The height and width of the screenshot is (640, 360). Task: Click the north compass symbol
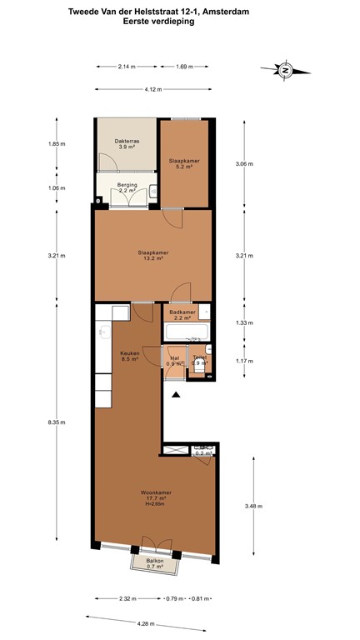pyautogui.click(x=285, y=72)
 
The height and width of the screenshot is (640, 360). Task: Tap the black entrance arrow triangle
pyautogui.click(x=175, y=396)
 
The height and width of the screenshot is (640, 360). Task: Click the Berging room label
pyautogui.click(x=127, y=187)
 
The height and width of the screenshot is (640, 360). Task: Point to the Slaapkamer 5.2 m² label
pyautogui.click(x=184, y=163)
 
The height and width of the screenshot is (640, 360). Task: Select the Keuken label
pyautogui.click(x=130, y=356)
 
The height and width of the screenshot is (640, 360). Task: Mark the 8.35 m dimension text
pyautogui.click(x=56, y=422)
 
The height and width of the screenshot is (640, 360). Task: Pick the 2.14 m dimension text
pyautogui.click(x=127, y=66)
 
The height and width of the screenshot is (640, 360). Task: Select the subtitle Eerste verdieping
pyautogui.click(x=158, y=23)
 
